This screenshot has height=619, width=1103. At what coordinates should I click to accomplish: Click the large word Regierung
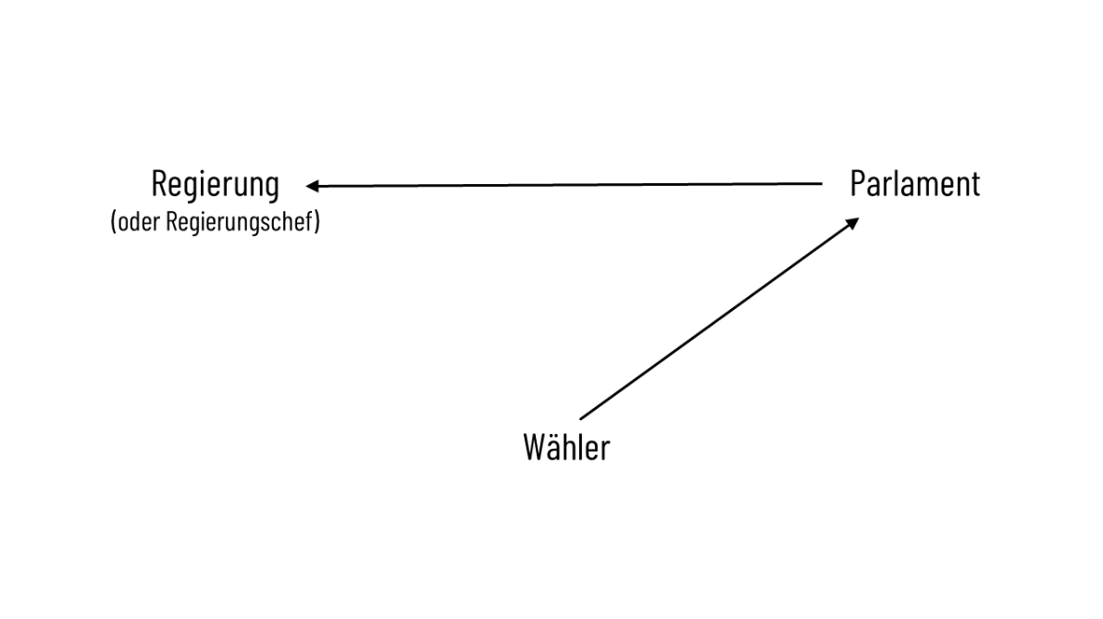(x=215, y=184)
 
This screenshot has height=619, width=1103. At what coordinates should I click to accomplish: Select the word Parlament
(x=914, y=183)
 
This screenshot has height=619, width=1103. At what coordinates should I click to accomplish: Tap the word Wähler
(x=566, y=448)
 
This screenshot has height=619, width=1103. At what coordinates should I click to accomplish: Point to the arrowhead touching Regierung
(x=314, y=186)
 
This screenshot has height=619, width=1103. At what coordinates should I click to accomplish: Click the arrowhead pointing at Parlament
(x=853, y=222)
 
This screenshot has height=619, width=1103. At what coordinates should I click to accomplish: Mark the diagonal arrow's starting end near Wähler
(x=580, y=418)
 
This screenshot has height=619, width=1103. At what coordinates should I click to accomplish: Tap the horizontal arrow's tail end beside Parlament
(x=820, y=184)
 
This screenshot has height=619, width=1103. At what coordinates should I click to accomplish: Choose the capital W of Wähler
(x=533, y=448)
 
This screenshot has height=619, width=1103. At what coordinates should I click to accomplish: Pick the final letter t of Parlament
(x=974, y=184)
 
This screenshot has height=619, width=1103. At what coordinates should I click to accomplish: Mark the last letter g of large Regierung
(x=270, y=188)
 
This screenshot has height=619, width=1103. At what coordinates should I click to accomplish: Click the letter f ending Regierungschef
(x=310, y=224)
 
